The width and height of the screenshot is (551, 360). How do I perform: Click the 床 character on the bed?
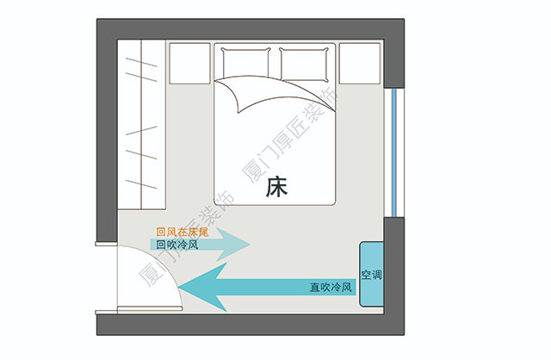(276, 186)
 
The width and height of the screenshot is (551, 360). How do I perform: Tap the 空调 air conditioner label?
(372, 276)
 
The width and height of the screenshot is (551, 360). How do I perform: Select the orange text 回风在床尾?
(184, 231)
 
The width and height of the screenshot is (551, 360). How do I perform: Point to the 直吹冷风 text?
(331, 287)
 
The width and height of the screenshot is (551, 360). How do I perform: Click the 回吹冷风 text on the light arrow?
(177, 245)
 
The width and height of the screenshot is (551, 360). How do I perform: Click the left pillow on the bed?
(248, 64)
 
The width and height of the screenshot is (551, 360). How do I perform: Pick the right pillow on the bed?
(305, 64)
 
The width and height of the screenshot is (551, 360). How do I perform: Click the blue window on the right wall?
(393, 151)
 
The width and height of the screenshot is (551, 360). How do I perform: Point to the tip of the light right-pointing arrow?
(249, 245)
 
